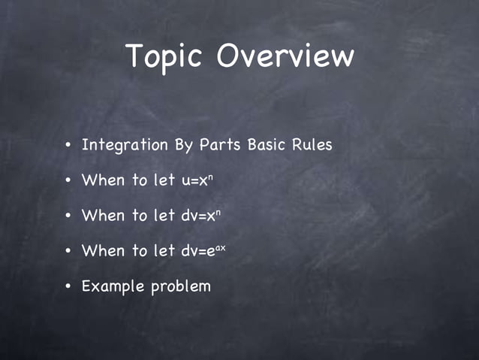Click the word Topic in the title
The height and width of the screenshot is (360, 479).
(165, 57)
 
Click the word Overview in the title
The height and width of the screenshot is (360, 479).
(285, 57)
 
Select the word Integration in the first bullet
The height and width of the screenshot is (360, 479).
(125, 144)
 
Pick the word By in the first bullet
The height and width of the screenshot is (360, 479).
(184, 144)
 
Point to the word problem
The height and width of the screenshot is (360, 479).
(181, 286)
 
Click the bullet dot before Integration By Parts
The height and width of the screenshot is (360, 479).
(68, 145)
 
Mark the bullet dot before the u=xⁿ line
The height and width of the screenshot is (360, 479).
(68, 181)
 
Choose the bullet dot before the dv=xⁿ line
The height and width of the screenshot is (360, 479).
(68, 216)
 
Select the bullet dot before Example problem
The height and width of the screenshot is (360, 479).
(68, 287)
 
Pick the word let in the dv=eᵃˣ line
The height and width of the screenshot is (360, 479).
(164, 251)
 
